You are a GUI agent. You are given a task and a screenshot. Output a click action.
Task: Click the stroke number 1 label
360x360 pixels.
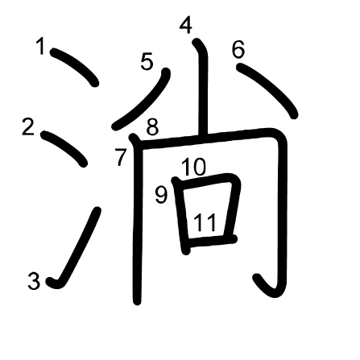(41, 46)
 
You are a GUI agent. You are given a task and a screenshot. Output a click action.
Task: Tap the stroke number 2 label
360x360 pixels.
(28, 127)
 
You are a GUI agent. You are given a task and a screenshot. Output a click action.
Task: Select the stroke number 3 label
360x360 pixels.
(34, 281)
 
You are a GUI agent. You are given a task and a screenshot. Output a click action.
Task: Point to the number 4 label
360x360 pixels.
(186, 25)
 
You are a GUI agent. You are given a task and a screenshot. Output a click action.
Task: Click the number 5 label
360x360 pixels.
(147, 62)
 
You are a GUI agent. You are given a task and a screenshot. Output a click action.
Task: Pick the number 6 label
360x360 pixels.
(238, 49)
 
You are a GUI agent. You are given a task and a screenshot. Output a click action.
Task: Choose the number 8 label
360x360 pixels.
(152, 127)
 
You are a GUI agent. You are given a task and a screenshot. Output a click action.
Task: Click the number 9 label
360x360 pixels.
(161, 195)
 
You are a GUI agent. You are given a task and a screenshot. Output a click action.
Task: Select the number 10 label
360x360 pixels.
(193, 167)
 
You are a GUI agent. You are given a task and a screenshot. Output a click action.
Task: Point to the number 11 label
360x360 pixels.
(205, 222)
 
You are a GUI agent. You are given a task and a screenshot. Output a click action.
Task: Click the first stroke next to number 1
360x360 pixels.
(75, 66)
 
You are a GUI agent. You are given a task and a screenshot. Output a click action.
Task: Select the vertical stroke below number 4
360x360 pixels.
(202, 87)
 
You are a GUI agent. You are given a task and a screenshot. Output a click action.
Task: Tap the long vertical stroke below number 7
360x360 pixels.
(138, 219)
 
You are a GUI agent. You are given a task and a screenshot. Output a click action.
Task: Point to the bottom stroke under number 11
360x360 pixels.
(211, 240)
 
